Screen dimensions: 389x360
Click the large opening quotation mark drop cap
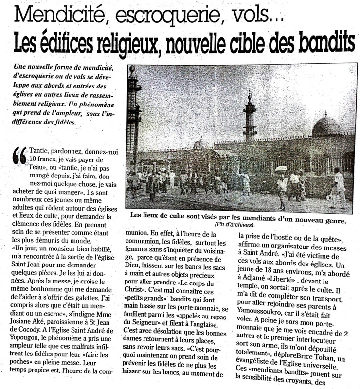[x=19, y=155]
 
